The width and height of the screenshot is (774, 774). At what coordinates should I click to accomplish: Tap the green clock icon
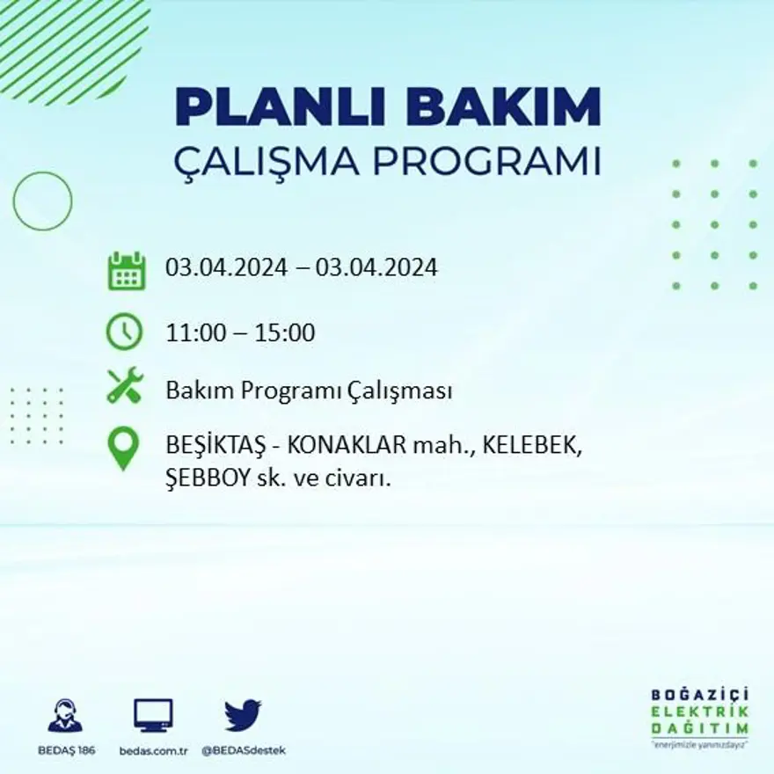(125, 332)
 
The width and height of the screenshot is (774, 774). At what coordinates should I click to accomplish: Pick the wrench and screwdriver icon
(125, 386)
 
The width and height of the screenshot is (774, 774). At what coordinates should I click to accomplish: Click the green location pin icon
(124, 448)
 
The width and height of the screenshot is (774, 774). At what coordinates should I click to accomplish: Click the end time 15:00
(285, 333)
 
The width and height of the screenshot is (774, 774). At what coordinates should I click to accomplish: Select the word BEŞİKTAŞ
(211, 447)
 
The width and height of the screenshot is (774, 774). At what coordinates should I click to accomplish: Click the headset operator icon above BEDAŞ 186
(66, 715)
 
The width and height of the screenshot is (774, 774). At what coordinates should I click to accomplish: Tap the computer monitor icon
(153, 714)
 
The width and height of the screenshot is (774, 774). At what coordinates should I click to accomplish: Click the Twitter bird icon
(243, 714)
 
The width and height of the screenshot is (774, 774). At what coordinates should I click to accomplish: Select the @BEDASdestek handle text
(244, 750)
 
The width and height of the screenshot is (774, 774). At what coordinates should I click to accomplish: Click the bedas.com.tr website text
(153, 750)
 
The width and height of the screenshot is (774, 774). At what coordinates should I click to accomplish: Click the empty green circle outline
(42, 201)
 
